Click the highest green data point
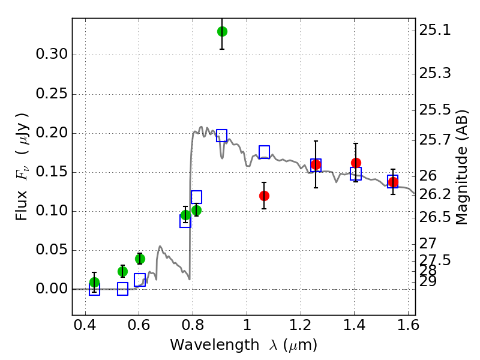[x=222, y=31]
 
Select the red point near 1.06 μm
[x=264, y=196]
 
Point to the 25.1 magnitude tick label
[x=439, y=30]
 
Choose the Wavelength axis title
[x=243, y=345]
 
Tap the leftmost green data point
[x=94, y=282]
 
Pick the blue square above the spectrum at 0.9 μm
[x=222, y=136]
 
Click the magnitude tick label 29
[x=433, y=281]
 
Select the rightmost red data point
[x=393, y=182]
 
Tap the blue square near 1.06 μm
[x=264, y=152]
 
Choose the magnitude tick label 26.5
[x=439, y=217]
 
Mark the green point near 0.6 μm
[x=140, y=259]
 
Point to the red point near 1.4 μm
[x=356, y=163]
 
